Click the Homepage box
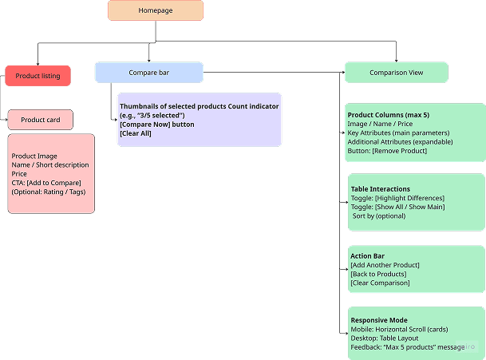click(x=156, y=10)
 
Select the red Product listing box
click(x=38, y=76)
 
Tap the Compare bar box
click(x=148, y=73)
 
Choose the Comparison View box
click(x=396, y=73)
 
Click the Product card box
click(x=40, y=120)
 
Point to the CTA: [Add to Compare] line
click(x=46, y=183)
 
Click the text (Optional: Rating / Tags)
click(x=49, y=192)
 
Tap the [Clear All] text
click(x=135, y=133)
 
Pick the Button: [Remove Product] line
click(x=389, y=150)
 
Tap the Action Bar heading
click(x=367, y=256)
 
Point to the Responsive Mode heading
click(x=379, y=319)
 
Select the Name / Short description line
click(x=50, y=165)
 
